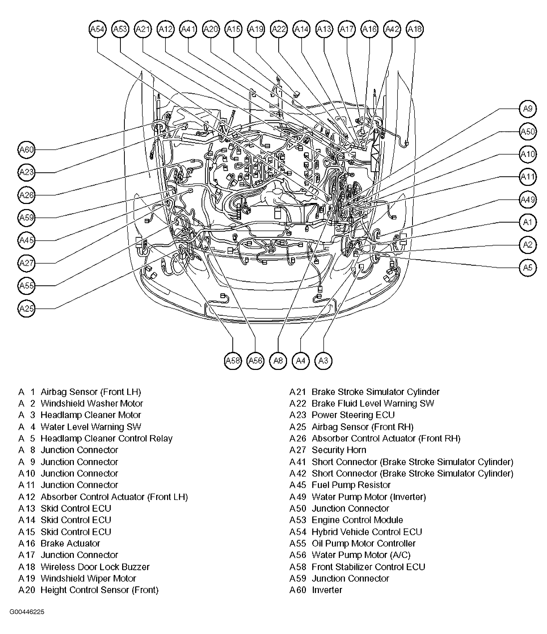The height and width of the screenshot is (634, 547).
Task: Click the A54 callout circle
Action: [97, 29]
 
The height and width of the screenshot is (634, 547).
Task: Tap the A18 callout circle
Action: [415, 29]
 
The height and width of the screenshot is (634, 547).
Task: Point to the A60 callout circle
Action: [27, 150]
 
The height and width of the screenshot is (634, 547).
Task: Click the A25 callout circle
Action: [27, 308]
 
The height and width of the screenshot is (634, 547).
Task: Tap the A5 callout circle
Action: [528, 268]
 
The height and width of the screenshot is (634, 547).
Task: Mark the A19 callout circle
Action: [256, 29]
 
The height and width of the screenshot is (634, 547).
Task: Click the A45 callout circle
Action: [27, 240]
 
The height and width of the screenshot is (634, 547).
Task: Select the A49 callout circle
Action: [528, 200]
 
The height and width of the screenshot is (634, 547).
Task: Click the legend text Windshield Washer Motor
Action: [92, 404]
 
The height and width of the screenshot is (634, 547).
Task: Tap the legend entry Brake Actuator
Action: [70, 543]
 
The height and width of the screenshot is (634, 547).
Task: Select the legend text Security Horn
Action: [339, 450]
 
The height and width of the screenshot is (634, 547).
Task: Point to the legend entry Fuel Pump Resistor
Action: [351, 485]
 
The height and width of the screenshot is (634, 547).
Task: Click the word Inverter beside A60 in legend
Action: [327, 590]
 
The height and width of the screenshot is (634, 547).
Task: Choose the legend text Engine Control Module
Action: [357, 520]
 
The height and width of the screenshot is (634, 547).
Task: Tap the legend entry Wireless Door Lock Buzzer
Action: [95, 567]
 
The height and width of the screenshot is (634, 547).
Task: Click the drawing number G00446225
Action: [27, 612]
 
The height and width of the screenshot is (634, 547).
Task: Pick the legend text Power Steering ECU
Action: [353, 415]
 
